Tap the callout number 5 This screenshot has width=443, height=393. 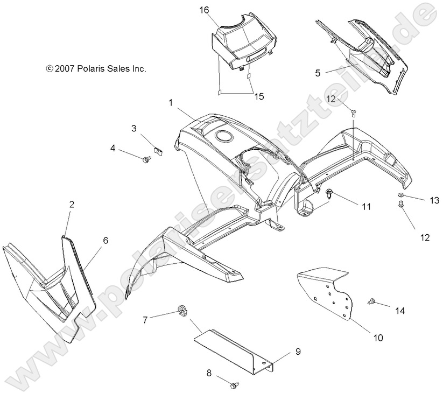point(318,72)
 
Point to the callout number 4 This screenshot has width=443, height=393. point(114,148)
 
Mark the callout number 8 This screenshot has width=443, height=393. point(209,372)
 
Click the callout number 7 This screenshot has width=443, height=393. point(145,319)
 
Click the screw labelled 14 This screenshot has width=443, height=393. point(371,302)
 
